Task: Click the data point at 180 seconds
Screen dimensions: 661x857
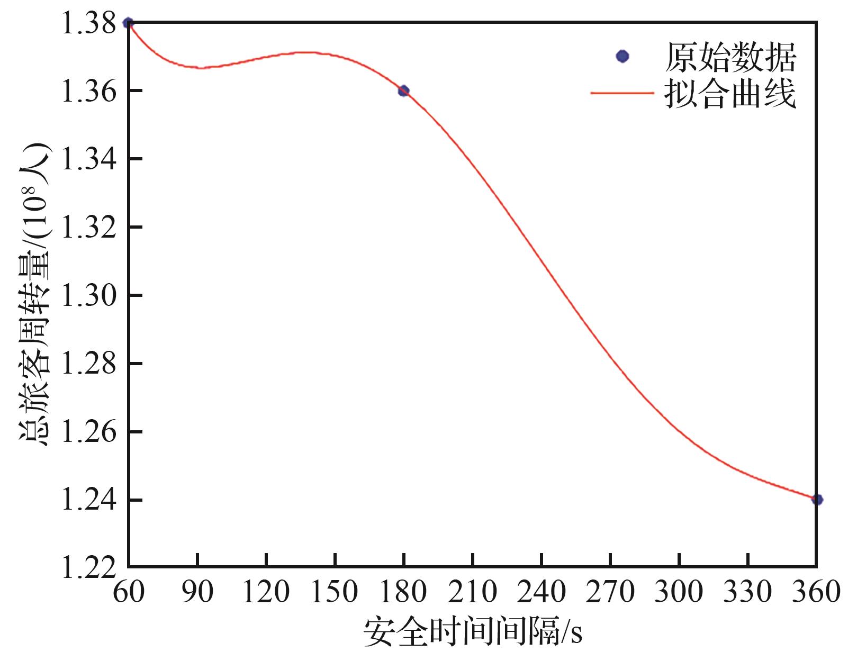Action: click(x=403, y=90)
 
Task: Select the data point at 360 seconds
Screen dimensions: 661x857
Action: click(x=817, y=499)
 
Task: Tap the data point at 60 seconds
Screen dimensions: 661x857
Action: click(x=128, y=23)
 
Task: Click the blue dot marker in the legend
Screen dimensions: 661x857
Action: click(x=623, y=56)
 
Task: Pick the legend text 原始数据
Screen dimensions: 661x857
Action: click(x=730, y=57)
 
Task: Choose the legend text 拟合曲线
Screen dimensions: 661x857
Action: click(x=730, y=94)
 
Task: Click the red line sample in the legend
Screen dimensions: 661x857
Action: click(x=623, y=93)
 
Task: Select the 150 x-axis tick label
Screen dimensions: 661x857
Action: click(x=335, y=592)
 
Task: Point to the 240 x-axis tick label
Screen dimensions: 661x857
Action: click(x=542, y=592)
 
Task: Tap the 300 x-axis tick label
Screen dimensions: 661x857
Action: click(x=679, y=592)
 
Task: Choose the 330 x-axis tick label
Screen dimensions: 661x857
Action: click(x=747, y=592)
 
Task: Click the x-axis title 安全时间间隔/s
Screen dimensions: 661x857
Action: click(x=473, y=631)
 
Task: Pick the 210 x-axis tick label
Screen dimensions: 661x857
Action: click(x=472, y=592)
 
